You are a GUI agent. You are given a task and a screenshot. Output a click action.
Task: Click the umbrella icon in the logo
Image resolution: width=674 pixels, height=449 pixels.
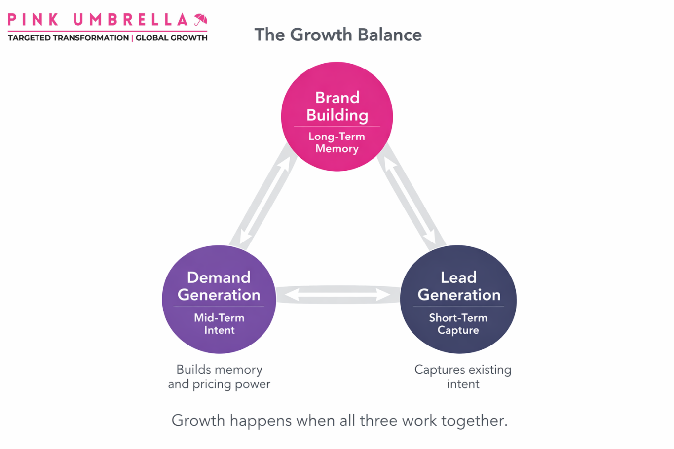point(200,20)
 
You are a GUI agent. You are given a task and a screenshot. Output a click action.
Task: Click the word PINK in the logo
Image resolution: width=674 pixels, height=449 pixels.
point(33,20)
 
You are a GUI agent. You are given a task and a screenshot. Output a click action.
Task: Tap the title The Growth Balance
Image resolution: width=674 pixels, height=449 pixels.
point(338,35)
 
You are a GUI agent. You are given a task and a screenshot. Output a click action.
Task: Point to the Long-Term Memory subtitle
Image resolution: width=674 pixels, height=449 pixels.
point(337,142)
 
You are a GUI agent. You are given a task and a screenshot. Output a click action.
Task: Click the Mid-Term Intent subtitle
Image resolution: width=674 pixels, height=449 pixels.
point(219,324)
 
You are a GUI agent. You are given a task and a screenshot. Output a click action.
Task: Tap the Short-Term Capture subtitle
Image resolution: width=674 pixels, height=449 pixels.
point(458,324)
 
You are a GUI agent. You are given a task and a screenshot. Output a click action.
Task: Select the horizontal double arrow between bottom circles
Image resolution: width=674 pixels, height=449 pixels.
point(338,295)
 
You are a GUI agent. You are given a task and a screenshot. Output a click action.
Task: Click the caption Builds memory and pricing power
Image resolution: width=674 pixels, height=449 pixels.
point(219,377)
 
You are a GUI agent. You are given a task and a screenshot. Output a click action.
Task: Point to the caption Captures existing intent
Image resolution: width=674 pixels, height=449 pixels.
point(463,377)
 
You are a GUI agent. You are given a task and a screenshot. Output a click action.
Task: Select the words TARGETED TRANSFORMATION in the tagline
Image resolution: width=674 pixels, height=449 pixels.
point(68,38)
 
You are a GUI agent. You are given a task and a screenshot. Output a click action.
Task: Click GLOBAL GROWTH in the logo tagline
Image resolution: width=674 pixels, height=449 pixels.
point(172,38)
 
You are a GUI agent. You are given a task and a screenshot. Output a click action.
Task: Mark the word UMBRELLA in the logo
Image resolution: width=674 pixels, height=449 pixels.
point(130,20)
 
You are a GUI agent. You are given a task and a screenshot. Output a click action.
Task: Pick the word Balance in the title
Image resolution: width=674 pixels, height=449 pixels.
point(390,35)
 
